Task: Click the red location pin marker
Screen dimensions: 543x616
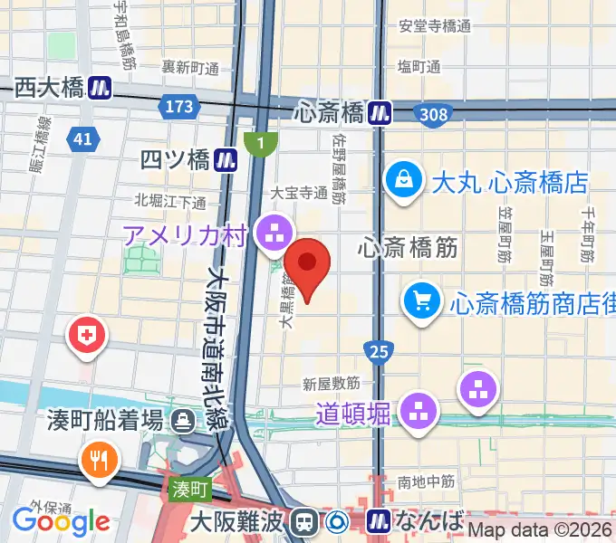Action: coord(307,265)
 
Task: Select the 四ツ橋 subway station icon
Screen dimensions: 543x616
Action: coord(226,160)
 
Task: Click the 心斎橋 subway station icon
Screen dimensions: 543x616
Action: coord(380,112)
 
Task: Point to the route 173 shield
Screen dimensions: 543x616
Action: coord(179,107)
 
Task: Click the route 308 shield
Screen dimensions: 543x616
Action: coord(432,112)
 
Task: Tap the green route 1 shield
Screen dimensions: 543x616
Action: coord(261,143)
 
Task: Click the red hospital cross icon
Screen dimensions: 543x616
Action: coord(89,337)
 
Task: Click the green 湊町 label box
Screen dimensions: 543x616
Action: coord(191,490)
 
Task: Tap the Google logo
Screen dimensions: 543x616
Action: coord(61,521)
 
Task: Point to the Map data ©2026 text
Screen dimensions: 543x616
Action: coord(541,531)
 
